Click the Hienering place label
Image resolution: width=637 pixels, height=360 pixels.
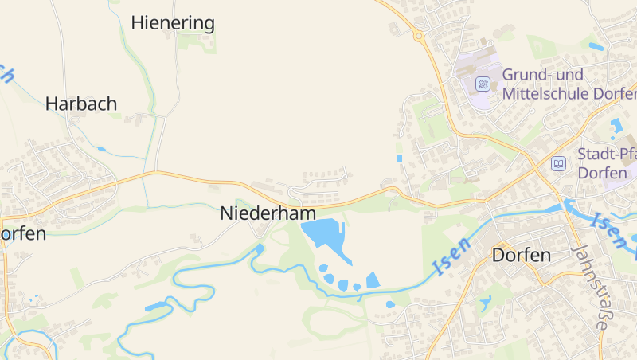click(173, 22)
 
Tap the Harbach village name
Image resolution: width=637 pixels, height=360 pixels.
click(81, 104)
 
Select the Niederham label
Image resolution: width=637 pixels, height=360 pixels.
click(268, 213)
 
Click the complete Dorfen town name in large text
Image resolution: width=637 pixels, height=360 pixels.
click(522, 256)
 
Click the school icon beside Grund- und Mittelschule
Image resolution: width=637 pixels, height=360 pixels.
click(483, 84)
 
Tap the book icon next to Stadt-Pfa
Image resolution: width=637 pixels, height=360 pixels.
click(558, 163)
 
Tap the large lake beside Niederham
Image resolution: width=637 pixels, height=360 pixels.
click(322, 235)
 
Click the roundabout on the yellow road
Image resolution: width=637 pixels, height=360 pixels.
click(418, 35)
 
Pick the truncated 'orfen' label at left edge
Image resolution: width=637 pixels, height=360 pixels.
click(23, 234)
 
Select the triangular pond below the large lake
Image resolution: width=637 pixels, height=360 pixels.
click(372, 280)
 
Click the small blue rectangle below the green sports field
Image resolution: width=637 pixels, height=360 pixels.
click(400, 158)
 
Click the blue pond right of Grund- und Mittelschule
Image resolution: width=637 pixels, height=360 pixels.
click(616, 124)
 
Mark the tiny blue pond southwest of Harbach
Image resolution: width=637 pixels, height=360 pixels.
click(101, 149)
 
